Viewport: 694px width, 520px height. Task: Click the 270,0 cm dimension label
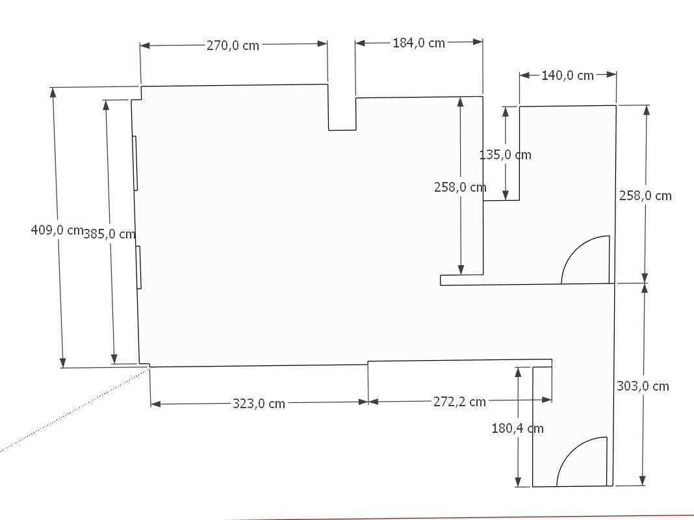[x=233, y=45]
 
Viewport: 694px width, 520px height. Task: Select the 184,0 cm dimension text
[x=418, y=43]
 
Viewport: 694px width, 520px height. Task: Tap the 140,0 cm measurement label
[x=567, y=75]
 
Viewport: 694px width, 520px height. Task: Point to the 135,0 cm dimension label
[x=505, y=155]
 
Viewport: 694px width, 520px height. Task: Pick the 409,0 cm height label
[x=57, y=230]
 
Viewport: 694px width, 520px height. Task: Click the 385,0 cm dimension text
[x=109, y=233]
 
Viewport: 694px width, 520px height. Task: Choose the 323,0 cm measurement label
[x=259, y=404]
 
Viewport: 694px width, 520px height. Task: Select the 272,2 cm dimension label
[x=459, y=402]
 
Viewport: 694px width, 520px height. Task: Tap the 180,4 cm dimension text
[x=517, y=428]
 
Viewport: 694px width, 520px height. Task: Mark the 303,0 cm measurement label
[x=643, y=386]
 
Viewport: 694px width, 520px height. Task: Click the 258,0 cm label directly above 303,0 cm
[x=645, y=196]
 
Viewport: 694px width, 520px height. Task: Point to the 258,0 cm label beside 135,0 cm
[x=460, y=187]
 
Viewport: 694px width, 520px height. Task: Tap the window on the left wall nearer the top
[x=135, y=163]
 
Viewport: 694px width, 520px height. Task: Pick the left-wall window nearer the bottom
[x=138, y=267]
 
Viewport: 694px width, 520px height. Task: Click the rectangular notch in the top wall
[x=342, y=129]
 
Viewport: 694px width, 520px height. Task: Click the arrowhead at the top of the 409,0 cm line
[x=53, y=92]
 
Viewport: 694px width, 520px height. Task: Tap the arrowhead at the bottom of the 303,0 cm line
[x=643, y=481]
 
